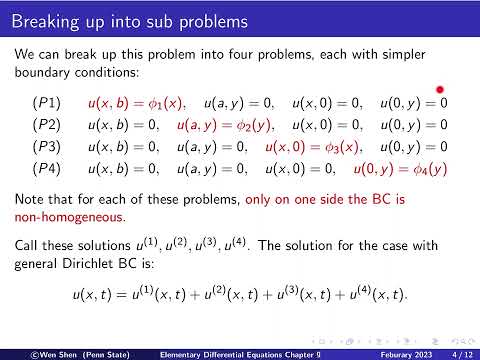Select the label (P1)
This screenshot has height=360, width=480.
[46, 103]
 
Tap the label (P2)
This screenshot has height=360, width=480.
[46, 126]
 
